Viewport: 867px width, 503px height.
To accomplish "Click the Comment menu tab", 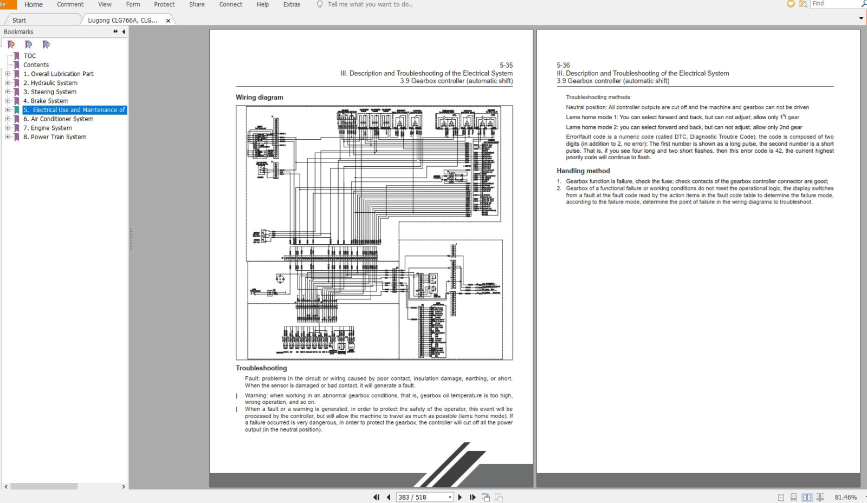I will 70,4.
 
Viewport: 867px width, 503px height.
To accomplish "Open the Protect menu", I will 164,4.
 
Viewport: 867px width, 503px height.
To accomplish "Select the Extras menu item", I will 292,4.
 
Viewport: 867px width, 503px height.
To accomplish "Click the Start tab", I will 20,21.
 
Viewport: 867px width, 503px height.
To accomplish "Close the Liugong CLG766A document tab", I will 168,21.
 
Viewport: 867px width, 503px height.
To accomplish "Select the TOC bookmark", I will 30,56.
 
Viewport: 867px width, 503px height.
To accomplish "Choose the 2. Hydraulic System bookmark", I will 50,83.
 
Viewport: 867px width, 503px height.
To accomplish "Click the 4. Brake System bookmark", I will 46,101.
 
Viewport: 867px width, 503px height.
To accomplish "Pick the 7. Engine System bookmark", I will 48,128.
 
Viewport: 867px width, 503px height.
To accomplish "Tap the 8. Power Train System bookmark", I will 55,137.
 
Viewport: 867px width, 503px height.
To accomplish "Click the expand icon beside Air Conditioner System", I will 8,119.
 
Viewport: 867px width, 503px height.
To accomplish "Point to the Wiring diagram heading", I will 259,97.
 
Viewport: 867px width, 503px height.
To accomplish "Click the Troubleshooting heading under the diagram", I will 261,368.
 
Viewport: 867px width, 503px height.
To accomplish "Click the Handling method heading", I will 583,171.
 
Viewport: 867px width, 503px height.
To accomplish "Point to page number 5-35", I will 506,65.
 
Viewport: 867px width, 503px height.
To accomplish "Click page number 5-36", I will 563,65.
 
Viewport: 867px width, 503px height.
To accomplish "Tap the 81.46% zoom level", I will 845,497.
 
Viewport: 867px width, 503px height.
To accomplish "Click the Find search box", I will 834,4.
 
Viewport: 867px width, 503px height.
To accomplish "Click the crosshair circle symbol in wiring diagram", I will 280,279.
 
